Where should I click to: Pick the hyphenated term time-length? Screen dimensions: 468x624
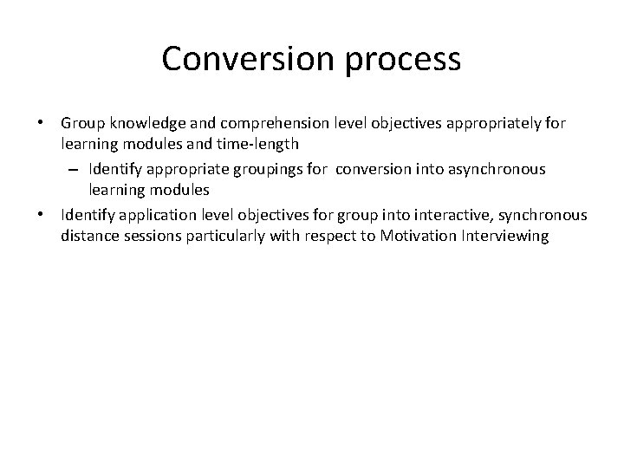[x=259, y=143]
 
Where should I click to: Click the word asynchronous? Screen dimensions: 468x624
[x=492, y=169]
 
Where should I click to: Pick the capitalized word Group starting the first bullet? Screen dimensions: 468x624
[x=81, y=124]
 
